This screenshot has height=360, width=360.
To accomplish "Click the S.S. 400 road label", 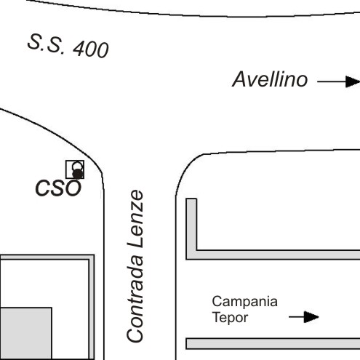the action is (x=68, y=46).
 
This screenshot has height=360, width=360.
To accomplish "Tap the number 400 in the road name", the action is (x=91, y=49).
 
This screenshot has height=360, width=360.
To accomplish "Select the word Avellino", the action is (x=270, y=79).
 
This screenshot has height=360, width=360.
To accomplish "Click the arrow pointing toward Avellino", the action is (x=339, y=81).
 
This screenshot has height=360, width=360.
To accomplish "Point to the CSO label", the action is (x=58, y=188).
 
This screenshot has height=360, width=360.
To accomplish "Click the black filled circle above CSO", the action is (x=78, y=174).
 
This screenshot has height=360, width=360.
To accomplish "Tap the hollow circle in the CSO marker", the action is (x=78, y=167).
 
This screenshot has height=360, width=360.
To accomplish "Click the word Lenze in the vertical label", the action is (x=135, y=219).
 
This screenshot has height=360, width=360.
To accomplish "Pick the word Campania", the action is (x=245, y=302).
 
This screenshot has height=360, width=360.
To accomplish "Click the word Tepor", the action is (x=230, y=317).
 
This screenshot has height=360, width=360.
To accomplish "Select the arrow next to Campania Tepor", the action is (x=304, y=317).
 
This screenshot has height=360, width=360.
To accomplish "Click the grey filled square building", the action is (x=25, y=333).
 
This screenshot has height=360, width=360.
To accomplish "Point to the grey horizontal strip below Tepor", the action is (x=273, y=343).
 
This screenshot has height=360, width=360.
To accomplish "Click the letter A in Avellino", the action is (x=239, y=79).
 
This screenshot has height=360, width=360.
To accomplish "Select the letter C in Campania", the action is (x=217, y=301).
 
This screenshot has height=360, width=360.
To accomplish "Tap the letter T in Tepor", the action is (x=217, y=316).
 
